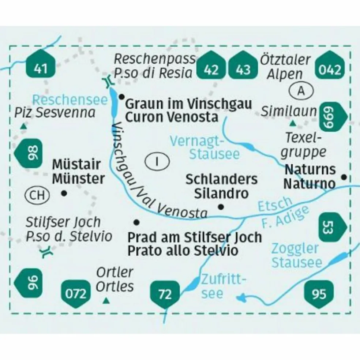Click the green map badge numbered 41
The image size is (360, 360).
pos(41,67)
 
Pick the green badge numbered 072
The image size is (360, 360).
pos(76,293)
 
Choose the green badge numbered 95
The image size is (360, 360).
pos(319,293)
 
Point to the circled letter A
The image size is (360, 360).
pos(301,91)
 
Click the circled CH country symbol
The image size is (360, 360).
pos(37,195)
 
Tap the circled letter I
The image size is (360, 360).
pos(157,161)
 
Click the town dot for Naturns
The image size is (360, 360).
pos(344,177)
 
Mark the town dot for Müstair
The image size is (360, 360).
pos(64,193)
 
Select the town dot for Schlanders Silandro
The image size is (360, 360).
pos(221,207)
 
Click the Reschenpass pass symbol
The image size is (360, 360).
pos(107,82)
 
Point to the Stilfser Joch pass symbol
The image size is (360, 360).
pos(47,252)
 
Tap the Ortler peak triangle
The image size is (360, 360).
pos(106,301)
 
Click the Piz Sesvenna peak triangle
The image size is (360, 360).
pos(23,127)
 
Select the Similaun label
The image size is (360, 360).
pos(288,112)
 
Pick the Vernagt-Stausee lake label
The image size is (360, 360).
pos(206,147)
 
